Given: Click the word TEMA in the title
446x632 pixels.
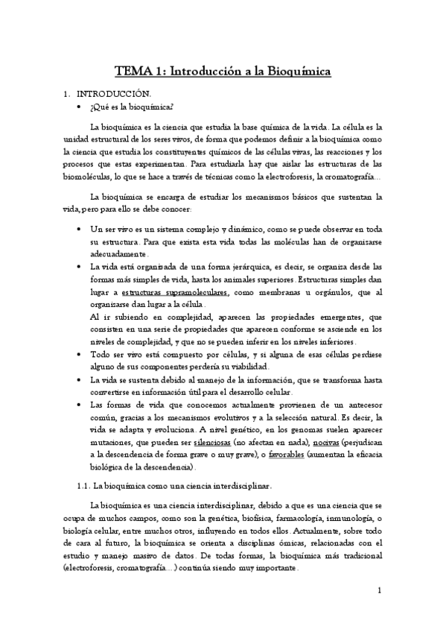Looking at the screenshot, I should coord(131,72).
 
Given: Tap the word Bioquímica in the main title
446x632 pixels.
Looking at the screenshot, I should coord(293,72).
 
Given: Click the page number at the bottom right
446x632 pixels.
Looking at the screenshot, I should coord(379,592).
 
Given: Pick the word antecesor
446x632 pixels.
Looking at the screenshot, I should coord(360,405).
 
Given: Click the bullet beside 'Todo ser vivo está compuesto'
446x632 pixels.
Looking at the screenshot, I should coord(79,355).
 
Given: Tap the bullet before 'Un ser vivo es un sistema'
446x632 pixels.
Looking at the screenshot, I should coord(79,229).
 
